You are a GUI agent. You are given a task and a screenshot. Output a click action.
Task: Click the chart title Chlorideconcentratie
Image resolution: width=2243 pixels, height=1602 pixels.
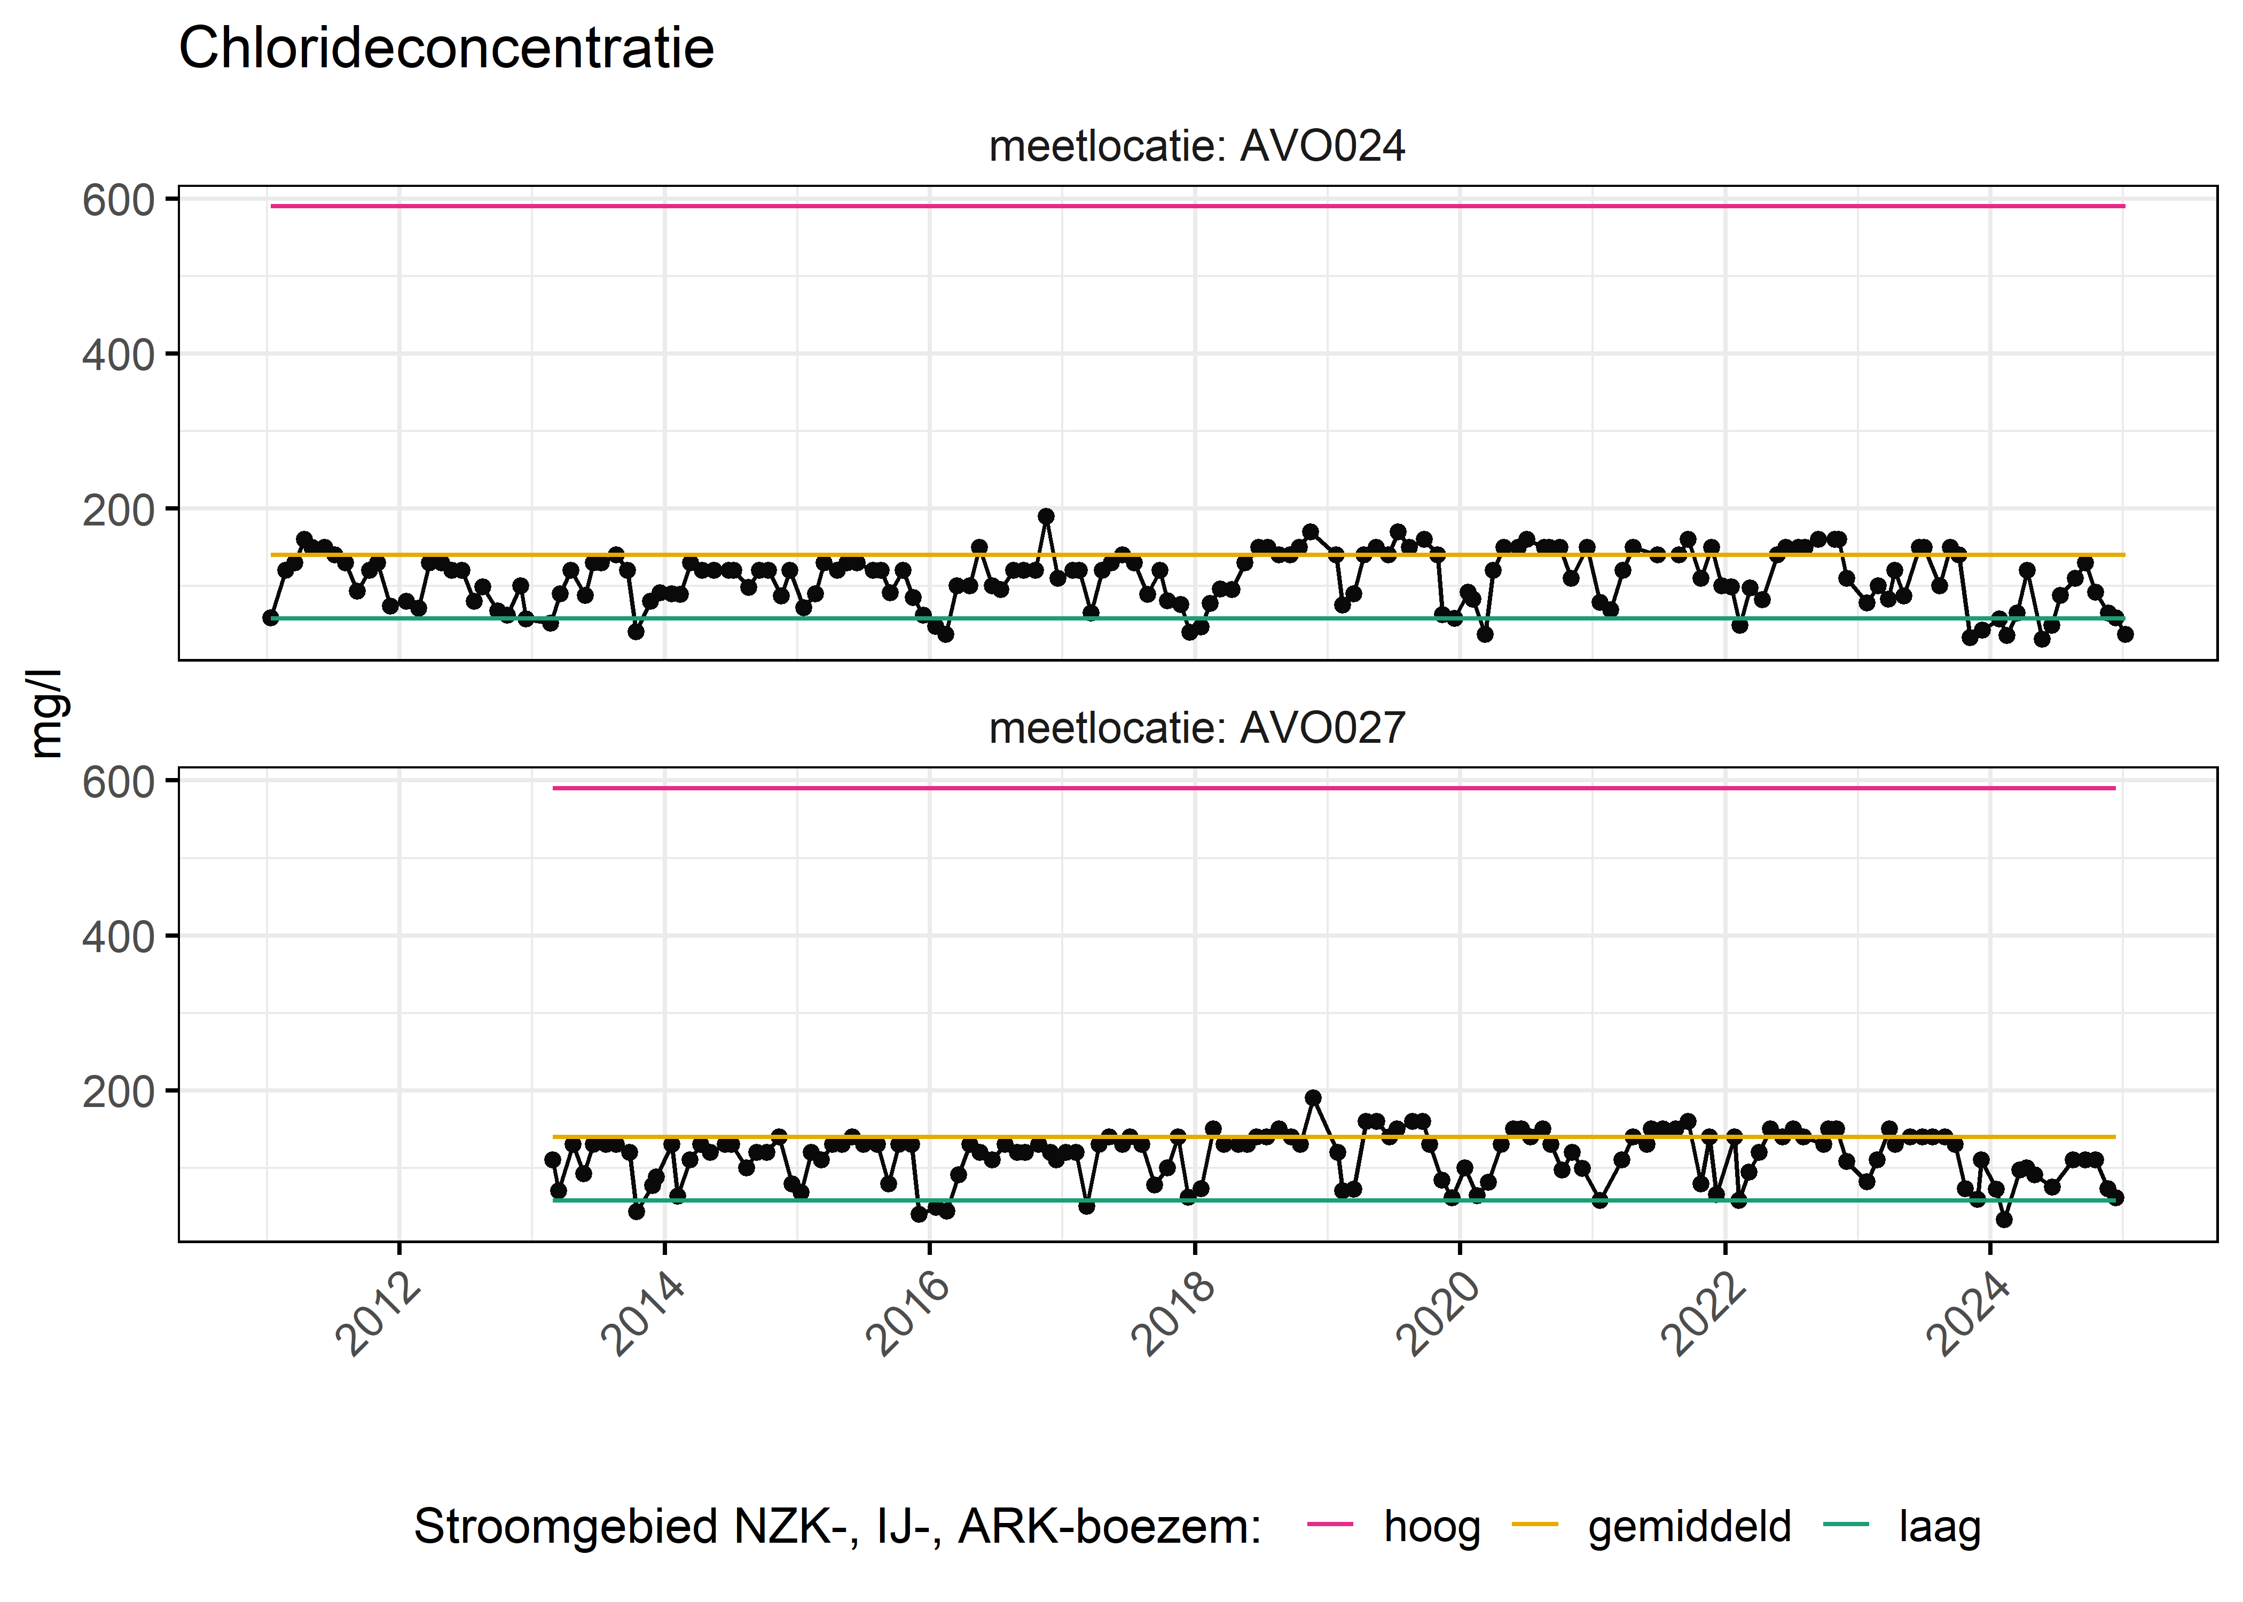pyautogui.click(x=446, y=49)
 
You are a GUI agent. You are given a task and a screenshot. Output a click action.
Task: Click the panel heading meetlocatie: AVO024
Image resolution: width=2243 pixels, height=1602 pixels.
pyautogui.click(x=1196, y=146)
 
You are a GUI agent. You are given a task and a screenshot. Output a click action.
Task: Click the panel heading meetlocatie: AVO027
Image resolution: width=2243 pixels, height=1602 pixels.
pyautogui.click(x=1196, y=728)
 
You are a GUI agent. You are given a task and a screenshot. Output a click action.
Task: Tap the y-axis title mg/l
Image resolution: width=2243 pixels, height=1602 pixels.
pyautogui.click(x=45, y=713)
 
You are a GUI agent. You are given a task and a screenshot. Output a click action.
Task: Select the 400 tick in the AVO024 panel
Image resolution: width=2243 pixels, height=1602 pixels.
pyautogui.click(x=119, y=355)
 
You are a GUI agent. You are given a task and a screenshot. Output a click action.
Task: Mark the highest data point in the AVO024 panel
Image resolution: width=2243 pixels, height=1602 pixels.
pyautogui.click(x=1046, y=516)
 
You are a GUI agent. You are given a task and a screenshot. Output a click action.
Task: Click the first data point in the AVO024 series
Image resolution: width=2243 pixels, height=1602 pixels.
pyautogui.click(x=270, y=617)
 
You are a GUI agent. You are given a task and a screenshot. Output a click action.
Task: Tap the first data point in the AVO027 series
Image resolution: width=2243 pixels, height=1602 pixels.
pyautogui.click(x=552, y=1160)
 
